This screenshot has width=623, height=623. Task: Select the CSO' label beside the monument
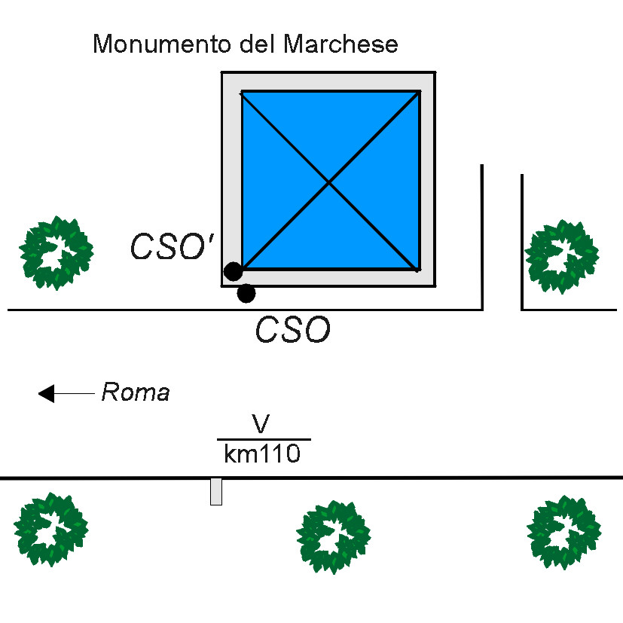point(173,246)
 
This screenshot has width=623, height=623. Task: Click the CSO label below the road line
point(293,329)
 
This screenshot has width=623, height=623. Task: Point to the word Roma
point(136,392)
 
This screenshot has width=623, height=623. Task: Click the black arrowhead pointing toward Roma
point(46,394)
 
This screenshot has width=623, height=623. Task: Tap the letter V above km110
point(261,423)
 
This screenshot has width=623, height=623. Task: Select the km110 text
point(262,454)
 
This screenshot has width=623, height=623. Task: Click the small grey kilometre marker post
point(216,491)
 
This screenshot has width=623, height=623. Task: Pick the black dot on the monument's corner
point(234,271)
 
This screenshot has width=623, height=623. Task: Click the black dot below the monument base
point(246,294)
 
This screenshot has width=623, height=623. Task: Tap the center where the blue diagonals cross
point(329,182)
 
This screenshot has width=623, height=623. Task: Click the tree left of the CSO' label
point(56,253)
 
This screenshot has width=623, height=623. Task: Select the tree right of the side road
point(562,257)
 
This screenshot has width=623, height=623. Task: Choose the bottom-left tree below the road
point(51,530)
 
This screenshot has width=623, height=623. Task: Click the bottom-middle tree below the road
point(334,537)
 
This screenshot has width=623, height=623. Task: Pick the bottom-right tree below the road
point(563,533)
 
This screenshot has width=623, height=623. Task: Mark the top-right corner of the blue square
point(420,92)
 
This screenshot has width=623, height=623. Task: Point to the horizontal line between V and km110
point(264,439)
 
